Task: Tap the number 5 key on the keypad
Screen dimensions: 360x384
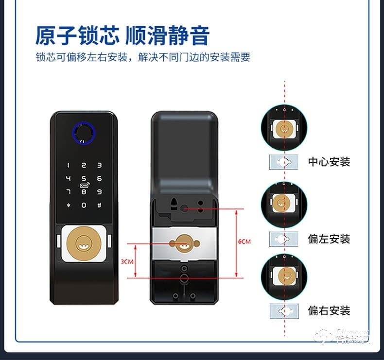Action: pos(84,178)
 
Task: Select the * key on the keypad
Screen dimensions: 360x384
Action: pos(69,205)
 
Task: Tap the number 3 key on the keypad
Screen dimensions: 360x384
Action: pos(99,166)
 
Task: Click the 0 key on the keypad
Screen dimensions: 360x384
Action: pos(84,205)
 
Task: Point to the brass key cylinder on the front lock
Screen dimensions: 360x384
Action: pos(84,241)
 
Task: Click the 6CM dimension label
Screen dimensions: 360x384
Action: pos(244,241)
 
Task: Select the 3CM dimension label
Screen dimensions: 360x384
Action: pos(127,261)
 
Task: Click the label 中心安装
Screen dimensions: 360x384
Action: pos(329,162)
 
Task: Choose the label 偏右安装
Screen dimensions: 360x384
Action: pos(329,310)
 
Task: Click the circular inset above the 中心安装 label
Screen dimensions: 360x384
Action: pos(284,128)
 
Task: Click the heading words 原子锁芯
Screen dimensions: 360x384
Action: pos(77,36)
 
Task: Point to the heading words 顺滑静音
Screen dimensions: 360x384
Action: pos(167,36)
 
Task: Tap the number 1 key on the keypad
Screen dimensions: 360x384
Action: pos(69,166)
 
